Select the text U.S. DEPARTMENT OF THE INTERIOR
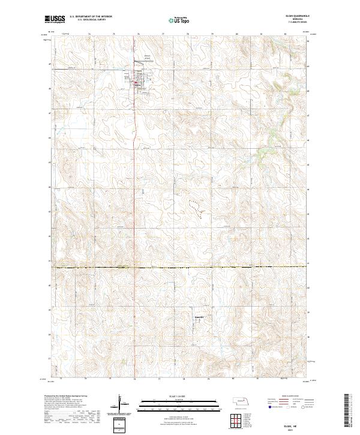pyautogui.click(x=91, y=16)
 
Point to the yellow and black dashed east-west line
pyautogui.click(x=180, y=266)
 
